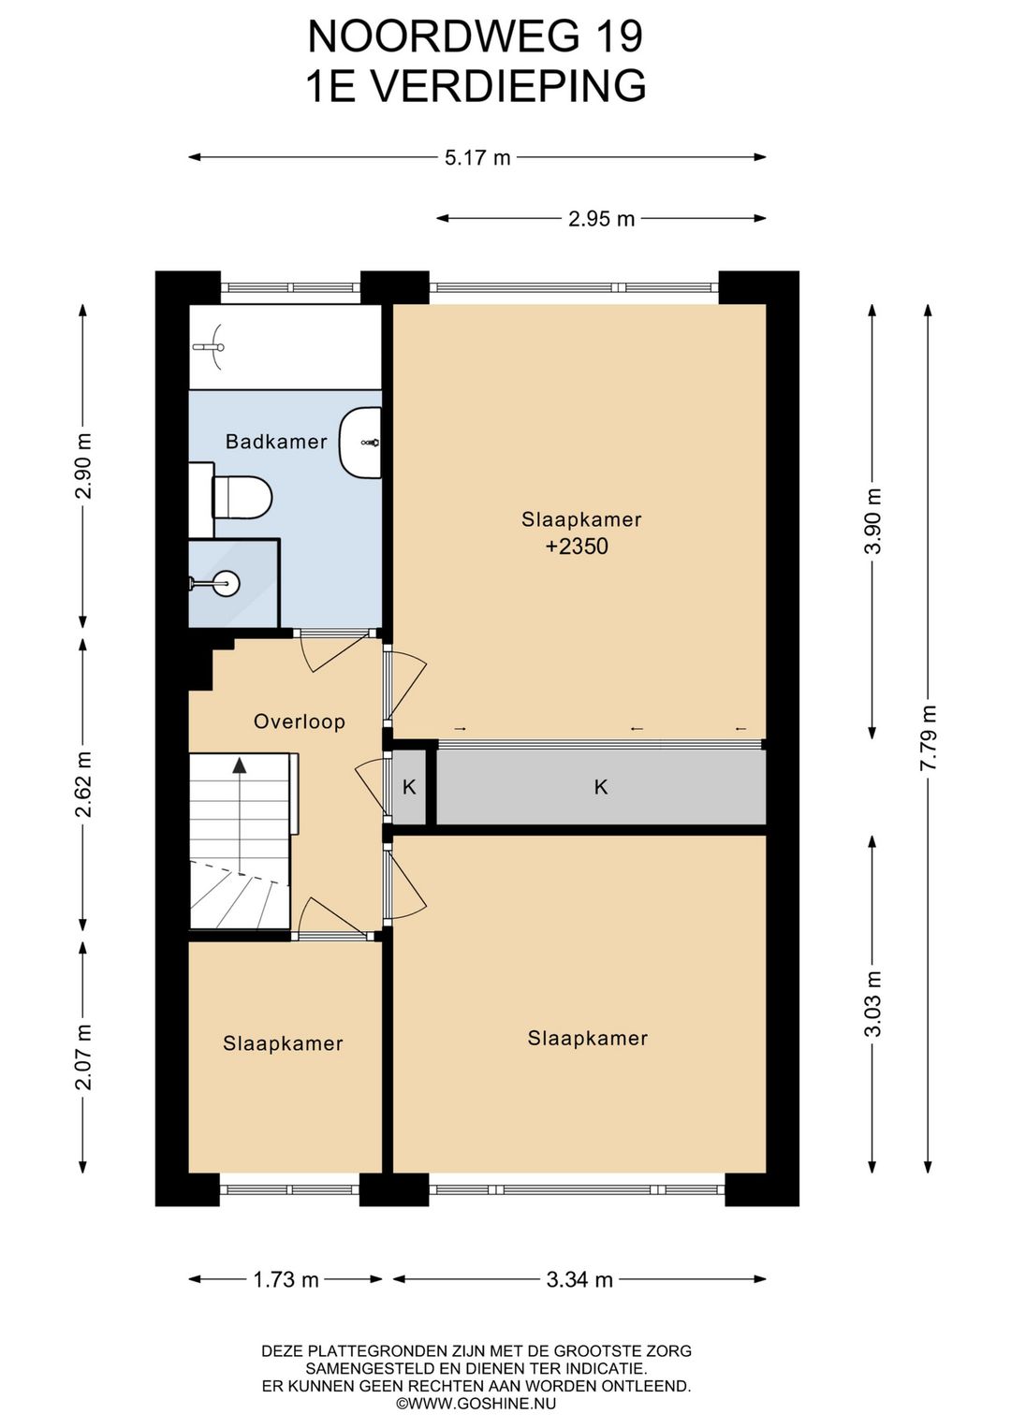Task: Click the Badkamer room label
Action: point(276,441)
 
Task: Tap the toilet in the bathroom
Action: point(242,497)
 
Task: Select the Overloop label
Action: point(300,721)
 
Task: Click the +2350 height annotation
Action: point(577,546)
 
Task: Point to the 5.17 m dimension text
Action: point(477,157)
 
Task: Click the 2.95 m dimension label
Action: point(602,219)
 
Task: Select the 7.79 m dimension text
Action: point(928,737)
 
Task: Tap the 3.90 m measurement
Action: point(872,521)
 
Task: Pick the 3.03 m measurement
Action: point(872,1004)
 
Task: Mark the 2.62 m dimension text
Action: point(83,784)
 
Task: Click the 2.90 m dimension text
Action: point(83,466)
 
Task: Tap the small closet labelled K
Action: point(409,787)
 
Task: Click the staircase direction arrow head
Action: point(240,765)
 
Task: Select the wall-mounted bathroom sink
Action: point(359,443)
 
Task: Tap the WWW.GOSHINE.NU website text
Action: point(482,1403)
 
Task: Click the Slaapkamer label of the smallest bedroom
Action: point(283,1043)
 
